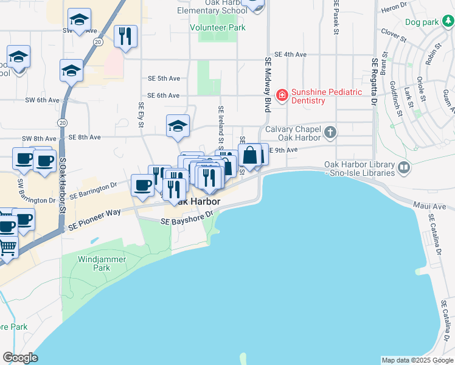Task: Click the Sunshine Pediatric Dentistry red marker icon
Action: tap(282, 95)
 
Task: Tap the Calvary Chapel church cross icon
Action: tap(330, 132)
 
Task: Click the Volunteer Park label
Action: tap(218, 28)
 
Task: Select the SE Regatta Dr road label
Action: tap(374, 83)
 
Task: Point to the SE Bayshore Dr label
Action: tap(187, 218)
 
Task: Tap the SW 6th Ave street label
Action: tap(42, 100)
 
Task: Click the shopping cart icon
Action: tap(7, 246)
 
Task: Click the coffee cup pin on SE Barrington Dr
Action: tap(143, 185)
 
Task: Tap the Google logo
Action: tap(20, 358)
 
